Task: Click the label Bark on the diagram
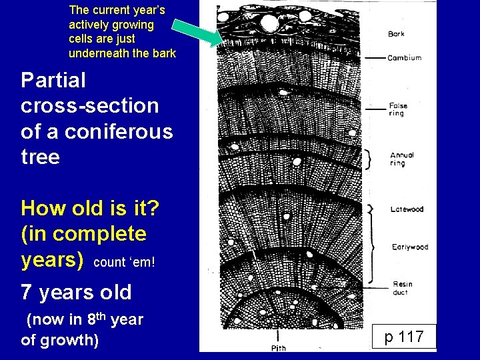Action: point(396,34)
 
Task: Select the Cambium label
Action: point(404,58)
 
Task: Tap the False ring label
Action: point(399,109)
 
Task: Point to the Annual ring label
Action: point(402,159)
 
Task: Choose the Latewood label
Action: point(407,209)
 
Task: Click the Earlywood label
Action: point(409,247)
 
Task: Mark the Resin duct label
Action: point(402,287)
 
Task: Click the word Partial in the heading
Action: point(53,81)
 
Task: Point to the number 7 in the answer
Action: point(26,292)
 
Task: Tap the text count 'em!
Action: point(125,262)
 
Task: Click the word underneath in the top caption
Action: point(99,53)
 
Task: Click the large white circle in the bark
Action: point(269,24)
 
